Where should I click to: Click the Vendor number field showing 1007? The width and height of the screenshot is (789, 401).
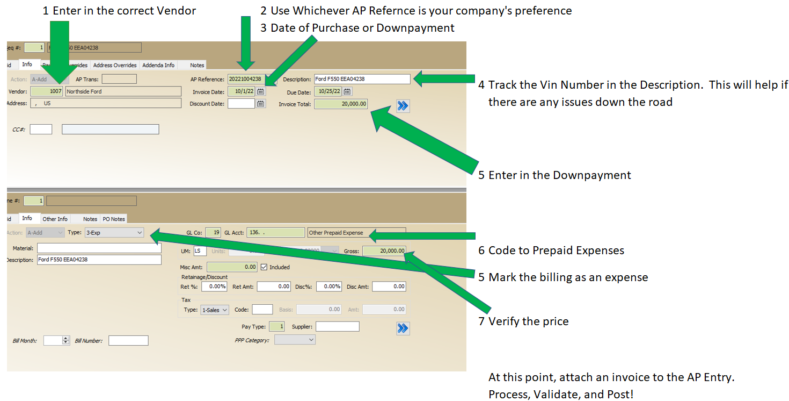coord(47,91)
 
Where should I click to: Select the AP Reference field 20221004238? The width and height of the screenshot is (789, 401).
coord(245,80)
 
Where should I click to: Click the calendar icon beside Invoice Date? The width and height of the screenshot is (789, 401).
coord(261,92)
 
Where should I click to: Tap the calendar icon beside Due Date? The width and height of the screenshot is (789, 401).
coord(347,92)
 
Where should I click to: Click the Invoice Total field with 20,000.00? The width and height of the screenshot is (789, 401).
coord(341,104)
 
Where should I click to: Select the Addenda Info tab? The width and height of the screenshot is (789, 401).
coord(158,65)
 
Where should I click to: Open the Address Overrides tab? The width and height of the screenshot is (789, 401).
coord(114,65)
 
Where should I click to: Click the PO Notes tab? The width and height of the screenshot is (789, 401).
coord(114,219)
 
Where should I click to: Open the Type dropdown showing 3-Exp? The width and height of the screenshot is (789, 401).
coord(114,233)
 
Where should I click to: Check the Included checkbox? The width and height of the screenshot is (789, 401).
coord(264,267)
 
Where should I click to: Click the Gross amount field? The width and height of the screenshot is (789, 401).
coord(384,251)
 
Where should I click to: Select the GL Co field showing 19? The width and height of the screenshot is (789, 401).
coord(213,233)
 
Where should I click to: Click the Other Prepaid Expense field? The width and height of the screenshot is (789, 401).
coord(356,233)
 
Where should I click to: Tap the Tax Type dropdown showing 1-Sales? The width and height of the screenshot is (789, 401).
coord(214,310)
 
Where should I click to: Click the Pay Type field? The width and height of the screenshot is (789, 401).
coord(276,326)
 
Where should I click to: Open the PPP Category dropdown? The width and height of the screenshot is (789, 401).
coord(295,340)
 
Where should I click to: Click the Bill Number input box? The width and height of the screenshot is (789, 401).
coord(128,341)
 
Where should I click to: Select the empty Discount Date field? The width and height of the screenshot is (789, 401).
coord(241,104)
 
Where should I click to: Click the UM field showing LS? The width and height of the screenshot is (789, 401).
coord(200,251)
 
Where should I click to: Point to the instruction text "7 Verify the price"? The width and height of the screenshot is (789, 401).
coord(523,321)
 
